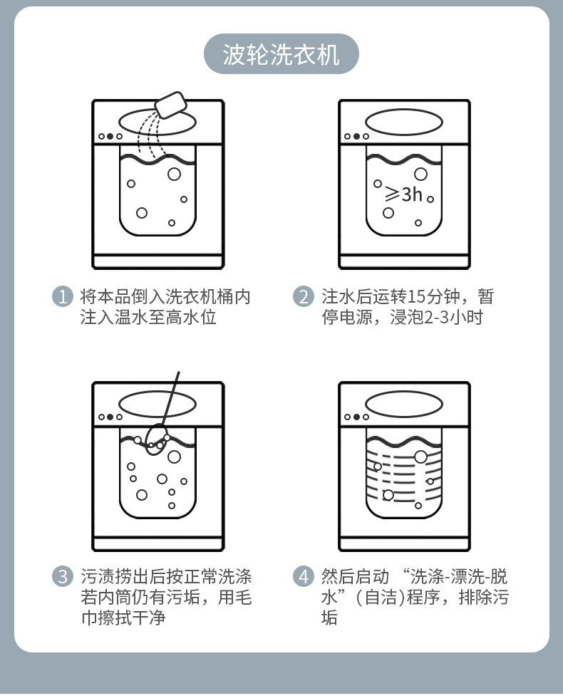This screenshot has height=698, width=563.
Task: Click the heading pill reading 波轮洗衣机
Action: point(281,54)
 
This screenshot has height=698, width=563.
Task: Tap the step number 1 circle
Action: point(63,296)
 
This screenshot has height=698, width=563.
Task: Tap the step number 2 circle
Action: point(304,296)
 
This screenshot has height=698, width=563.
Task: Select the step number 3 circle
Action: point(63,576)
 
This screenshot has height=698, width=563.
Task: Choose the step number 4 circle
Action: point(304,576)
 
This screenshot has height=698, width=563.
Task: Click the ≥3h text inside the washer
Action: point(403,193)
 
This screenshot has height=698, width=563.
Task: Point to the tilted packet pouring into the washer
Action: point(171,105)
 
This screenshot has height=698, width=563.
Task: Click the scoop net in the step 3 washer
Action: point(156,439)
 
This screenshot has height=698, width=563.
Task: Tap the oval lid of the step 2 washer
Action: point(404,122)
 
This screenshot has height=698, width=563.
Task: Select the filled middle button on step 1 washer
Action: point(110,136)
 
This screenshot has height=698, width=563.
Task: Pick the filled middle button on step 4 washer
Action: point(356,417)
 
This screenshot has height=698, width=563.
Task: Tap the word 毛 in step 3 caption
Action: point(243,597)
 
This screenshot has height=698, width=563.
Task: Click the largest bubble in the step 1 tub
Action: point(174,174)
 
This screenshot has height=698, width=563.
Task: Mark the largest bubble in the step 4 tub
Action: point(420,457)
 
